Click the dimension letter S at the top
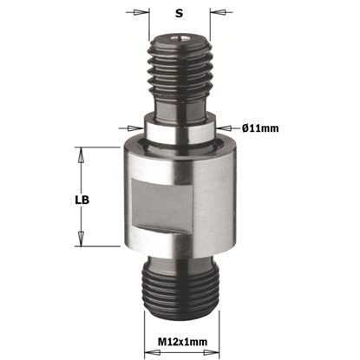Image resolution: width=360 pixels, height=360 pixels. (x=179, y=13)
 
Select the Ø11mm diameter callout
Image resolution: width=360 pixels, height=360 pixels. (x=259, y=128)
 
